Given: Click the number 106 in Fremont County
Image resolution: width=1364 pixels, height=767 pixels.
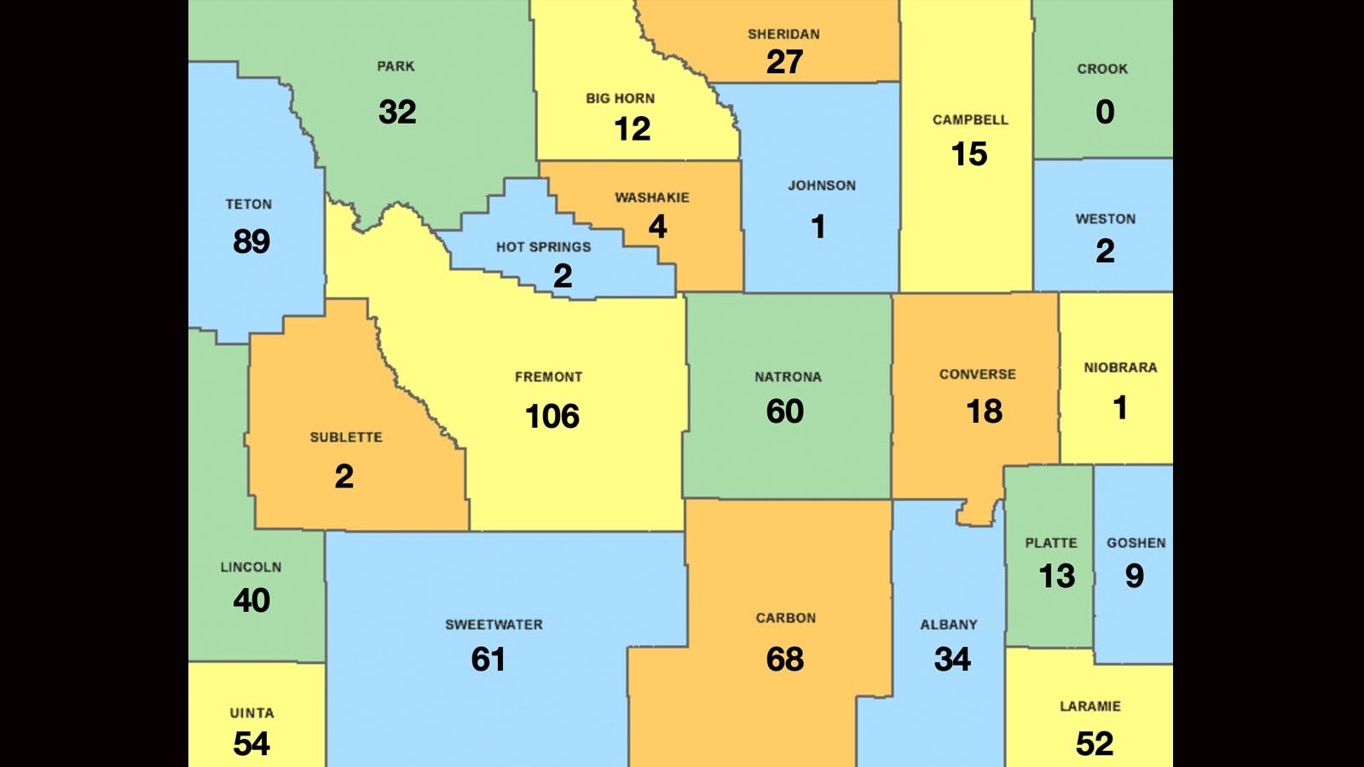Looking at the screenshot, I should pyautogui.click(x=552, y=416).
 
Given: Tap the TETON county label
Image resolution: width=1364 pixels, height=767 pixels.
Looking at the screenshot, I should pyautogui.click(x=249, y=205).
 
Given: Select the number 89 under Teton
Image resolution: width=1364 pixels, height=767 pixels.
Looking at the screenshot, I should pyautogui.click(x=251, y=242).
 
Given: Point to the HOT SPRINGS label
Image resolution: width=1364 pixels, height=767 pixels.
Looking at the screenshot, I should pyautogui.click(x=543, y=247).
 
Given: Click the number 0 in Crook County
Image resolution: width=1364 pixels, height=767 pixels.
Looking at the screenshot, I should pyautogui.click(x=1105, y=112).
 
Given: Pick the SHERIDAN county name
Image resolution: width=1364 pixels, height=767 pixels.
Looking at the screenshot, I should pyautogui.click(x=783, y=34).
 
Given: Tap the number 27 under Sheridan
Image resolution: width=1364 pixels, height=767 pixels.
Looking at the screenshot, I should pyautogui.click(x=784, y=62).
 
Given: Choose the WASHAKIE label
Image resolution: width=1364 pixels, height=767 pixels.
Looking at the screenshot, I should pyautogui.click(x=652, y=198).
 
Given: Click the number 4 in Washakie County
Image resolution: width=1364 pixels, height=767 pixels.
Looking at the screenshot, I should pyautogui.click(x=657, y=227).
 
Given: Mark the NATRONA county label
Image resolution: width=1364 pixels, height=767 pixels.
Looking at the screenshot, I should pyautogui.click(x=788, y=377).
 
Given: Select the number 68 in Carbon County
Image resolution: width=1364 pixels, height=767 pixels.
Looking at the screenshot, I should pyautogui.click(x=784, y=659).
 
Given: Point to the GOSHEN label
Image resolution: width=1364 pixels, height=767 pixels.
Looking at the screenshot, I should pyautogui.click(x=1136, y=543).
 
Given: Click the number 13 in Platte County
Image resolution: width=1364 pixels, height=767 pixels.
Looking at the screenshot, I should pyautogui.click(x=1057, y=577).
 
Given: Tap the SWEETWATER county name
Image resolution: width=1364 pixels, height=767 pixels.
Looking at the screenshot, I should pyautogui.click(x=494, y=625).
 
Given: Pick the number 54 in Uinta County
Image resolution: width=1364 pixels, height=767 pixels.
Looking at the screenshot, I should pyautogui.click(x=251, y=744).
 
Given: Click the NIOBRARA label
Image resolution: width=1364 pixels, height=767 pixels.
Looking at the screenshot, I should pyautogui.click(x=1120, y=368).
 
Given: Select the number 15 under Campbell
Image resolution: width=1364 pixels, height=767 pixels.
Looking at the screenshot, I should pyautogui.click(x=969, y=154).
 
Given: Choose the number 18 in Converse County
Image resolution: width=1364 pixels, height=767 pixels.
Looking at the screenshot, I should pyautogui.click(x=984, y=412).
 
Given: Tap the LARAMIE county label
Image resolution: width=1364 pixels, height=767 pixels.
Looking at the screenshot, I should pyautogui.click(x=1089, y=706).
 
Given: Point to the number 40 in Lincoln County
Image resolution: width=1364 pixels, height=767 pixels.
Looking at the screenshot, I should pyautogui.click(x=251, y=601).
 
